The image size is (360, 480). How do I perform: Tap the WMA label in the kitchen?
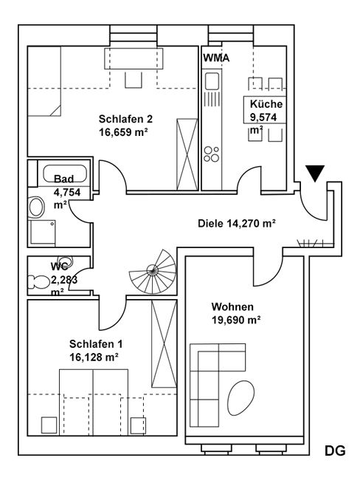216,58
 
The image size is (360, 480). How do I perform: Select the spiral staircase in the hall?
152,271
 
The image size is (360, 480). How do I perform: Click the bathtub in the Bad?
65,174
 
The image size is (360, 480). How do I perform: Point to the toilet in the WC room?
38,282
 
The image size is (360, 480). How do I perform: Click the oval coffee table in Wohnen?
241,397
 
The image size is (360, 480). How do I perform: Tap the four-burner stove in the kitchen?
212,154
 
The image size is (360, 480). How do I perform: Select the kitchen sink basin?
212,80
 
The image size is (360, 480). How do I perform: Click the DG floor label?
335,450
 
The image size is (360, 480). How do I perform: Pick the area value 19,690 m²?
236,320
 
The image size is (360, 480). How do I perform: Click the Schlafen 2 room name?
125,119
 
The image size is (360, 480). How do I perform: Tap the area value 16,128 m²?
94,357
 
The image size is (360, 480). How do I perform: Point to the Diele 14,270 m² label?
237,223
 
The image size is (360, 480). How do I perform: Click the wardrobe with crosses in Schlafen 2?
187,154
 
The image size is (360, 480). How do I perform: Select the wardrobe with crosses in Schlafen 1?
165,344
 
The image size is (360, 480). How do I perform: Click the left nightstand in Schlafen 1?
49,425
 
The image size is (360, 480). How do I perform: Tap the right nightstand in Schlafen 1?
138,425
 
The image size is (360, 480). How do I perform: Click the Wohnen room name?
232,306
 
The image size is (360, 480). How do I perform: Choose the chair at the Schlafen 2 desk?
134,80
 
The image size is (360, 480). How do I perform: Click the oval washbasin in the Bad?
36,208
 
